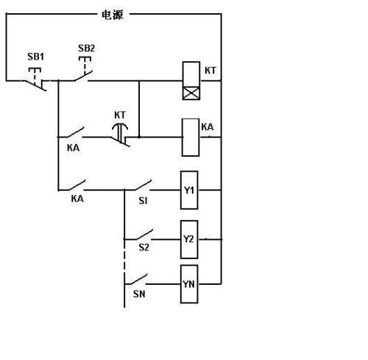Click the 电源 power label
pos(113,15)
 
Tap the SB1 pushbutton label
pos(36,57)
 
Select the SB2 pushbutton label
pos(87,48)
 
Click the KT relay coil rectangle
pos(191,81)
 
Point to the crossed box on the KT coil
pos(191,93)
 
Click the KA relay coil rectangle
pos(191,138)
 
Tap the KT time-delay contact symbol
pos(121,135)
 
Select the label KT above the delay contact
pos(120,115)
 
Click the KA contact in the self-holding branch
pos(73,133)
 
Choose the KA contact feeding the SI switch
pos(75,186)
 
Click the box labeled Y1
pos(189,190)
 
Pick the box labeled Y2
pos(189,239)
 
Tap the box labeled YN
pos(189,284)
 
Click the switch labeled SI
pos(143,186)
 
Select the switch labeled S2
pos(144,235)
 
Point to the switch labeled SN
pos(138,280)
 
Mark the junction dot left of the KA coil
pos(139,137)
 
